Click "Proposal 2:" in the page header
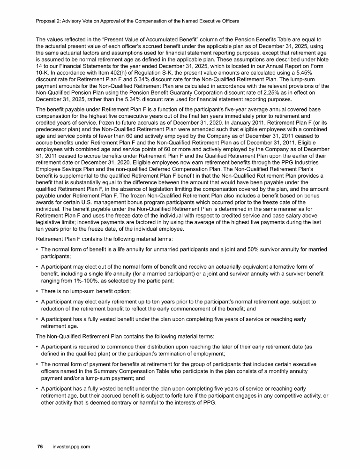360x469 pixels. [x=49, y=21]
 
